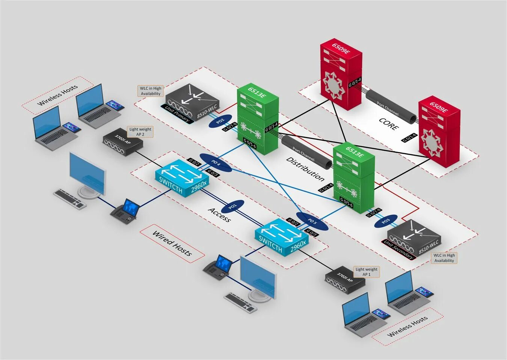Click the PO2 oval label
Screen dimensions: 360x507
(220, 121)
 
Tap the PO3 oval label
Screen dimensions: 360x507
(386, 221)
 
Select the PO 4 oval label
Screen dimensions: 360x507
(215, 162)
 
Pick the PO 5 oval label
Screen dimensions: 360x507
(312, 221)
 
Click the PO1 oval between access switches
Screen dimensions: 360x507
(233, 206)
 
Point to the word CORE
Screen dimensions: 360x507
(388, 124)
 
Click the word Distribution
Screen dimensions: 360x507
(305, 169)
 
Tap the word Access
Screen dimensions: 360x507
(219, 215)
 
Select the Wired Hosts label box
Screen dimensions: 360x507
(172, 243)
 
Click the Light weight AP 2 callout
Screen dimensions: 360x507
(140, 132)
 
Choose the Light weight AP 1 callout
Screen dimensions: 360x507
(366, 272)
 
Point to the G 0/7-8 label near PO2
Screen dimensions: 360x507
(230, 127)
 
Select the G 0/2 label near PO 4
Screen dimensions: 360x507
(194, 162)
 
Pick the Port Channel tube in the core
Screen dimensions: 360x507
(391, 107)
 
